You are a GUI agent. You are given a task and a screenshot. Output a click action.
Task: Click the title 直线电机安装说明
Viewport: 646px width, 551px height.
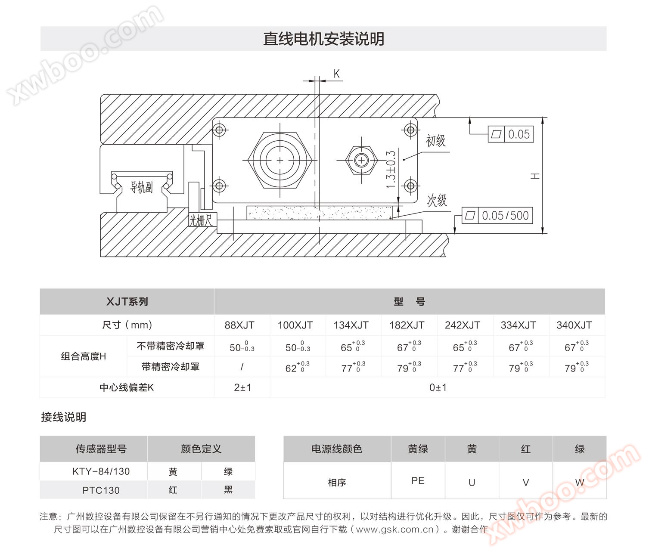[x=323, y=39]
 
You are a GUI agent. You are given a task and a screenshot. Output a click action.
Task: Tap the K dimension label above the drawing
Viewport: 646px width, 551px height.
[x=337, y=74]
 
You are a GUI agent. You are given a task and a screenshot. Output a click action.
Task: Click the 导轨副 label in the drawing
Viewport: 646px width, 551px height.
[x=141, y=187]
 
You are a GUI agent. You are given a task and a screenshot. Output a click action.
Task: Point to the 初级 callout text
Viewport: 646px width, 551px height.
[x=435, y=141]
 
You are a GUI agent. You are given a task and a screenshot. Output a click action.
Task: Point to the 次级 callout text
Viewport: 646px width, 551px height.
[x=437, y=200]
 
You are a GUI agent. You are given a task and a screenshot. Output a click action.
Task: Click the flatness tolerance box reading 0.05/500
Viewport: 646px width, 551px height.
[x=497, y=216]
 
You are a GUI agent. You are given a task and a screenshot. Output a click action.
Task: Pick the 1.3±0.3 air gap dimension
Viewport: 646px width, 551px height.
[x=391, y=170]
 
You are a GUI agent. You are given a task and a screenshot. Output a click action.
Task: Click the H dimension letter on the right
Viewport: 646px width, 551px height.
[x=535, y=176]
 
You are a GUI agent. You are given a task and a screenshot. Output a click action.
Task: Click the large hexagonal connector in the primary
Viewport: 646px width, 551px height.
[x=280, y=160]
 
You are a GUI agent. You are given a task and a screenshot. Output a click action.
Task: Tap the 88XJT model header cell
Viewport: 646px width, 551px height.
[x=239, y=325]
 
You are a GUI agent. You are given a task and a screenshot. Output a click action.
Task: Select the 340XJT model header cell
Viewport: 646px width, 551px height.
[x=574, y=325]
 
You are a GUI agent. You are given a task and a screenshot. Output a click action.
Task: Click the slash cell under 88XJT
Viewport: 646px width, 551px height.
[x=242, y=366]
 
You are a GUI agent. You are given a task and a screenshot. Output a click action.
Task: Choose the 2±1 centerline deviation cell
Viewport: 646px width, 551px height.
[x=242, y=387]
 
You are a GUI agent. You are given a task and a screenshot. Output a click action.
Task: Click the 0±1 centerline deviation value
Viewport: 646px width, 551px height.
[x=438, y=387]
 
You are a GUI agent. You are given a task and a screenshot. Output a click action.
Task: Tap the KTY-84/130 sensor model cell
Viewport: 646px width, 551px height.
[x=101, y=471]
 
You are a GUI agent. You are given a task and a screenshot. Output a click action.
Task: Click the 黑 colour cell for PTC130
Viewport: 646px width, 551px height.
[x=228, y=489]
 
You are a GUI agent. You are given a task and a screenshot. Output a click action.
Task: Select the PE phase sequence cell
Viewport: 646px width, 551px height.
[x=418, y=480]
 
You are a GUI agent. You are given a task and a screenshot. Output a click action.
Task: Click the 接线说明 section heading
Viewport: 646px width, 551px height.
[x=64, y=417]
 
